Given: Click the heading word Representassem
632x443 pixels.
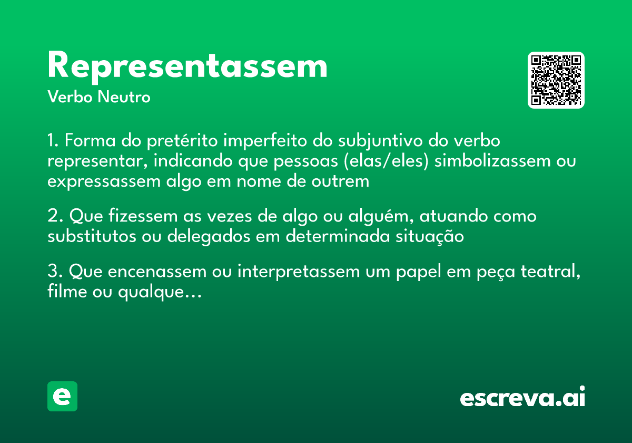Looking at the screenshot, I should tap(187, 66).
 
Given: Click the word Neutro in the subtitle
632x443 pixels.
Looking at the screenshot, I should tap(124, 98).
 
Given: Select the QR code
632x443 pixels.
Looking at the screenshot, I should tap(556, 80).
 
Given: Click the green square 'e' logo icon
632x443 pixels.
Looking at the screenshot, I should tap(62, 396).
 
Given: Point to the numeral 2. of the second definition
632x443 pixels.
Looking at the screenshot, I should tap(54, 216).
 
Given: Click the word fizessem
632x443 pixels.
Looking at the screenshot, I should tap(140, 216).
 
